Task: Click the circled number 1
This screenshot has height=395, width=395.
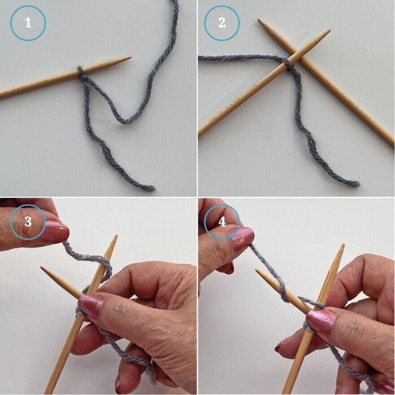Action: tap(28, 23)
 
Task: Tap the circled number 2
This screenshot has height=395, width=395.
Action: tap(222, 23)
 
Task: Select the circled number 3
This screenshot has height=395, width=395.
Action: tap(28, 221)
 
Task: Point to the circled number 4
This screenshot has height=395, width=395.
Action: tap(222, 221)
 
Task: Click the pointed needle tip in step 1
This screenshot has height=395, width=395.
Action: tap(129, 58)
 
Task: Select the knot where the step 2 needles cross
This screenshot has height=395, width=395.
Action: tap(288, 66)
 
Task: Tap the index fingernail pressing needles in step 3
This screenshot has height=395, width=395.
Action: tap(91, 305)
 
